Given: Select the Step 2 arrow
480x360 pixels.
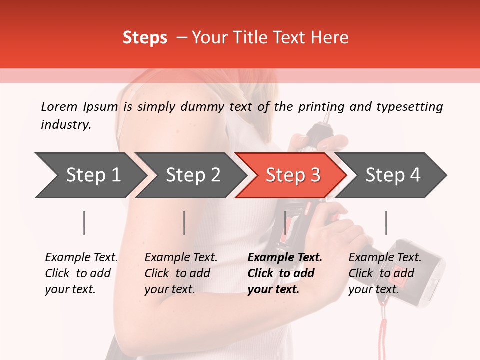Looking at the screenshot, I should (x=192, y=175).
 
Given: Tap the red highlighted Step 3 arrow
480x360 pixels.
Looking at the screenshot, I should (x=292, y=175).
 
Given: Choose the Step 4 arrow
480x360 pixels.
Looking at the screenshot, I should (x=392, y=175).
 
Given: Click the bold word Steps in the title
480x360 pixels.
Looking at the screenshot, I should (x=145, y=38).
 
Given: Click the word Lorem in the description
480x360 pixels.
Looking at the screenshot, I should (x=59, y=107).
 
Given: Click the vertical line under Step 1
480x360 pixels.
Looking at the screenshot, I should (x=84, y=223).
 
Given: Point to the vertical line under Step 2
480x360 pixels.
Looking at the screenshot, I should (x=184, y=223).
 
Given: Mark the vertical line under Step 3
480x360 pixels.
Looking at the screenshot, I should (x=285, y=223).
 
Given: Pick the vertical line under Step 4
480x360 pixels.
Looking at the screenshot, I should (x=386, y=223).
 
